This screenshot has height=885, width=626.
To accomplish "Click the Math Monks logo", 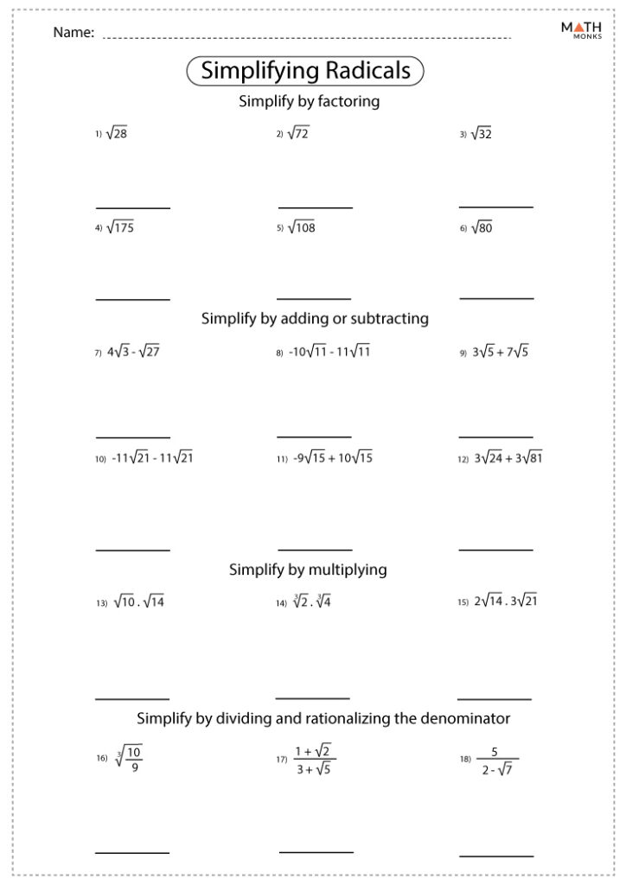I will point(580,32).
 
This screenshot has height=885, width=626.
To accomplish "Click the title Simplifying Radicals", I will point(305,71).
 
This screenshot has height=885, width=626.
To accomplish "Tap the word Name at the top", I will point(73,33).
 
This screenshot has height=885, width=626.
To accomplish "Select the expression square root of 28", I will point(117,133).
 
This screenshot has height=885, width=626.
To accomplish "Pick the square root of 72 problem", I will point(298,133).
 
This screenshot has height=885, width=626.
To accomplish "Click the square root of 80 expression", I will point(482,228).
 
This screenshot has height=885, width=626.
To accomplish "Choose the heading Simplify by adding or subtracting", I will point(315,318).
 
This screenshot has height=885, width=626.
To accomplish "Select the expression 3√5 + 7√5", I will point(500,352).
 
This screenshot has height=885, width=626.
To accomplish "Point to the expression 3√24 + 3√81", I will point(508,458).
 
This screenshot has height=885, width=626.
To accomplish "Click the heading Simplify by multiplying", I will point(308,570).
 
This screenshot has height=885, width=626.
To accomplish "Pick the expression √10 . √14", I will point(138,602).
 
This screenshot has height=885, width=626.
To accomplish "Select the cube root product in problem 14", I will point(311,602).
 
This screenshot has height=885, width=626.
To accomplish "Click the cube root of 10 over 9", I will point(129,758).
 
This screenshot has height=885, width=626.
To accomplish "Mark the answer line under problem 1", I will point(132,208).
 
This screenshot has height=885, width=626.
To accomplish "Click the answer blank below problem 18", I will point(495,856).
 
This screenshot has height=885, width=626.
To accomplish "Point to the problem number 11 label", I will point(282,460).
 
